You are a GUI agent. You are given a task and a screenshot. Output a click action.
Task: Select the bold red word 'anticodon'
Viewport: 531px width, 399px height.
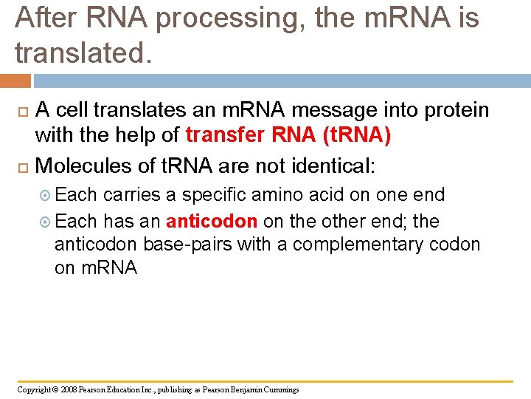pos(212,221)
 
